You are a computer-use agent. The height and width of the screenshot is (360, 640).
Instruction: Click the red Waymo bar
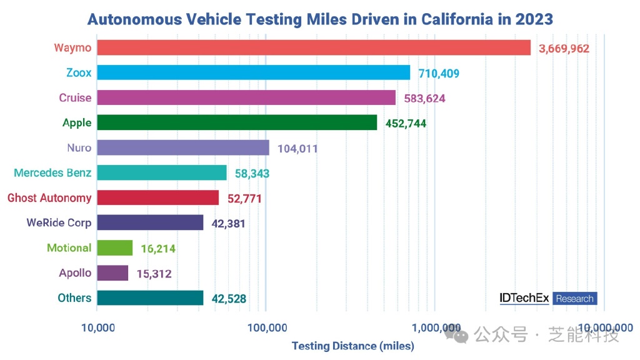point(313,47)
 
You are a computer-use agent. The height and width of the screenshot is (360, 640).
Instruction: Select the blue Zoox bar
point(253,72)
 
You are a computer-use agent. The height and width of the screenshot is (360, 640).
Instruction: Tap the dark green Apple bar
point(237,122)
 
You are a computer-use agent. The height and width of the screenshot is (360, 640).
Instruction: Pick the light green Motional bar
point(114,247)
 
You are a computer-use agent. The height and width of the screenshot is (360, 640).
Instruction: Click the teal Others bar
point(150,297)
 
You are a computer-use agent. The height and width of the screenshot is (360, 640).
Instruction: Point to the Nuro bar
point(182,147)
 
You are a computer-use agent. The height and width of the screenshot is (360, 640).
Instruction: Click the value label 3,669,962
point(564,48)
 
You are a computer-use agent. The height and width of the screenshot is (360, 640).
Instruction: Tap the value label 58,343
point(252,173)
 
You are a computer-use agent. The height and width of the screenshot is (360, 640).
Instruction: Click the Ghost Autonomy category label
point(49,197)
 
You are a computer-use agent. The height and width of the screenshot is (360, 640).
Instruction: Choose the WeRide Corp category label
point(59,222)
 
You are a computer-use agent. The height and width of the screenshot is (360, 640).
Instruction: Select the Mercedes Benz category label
point(52,172)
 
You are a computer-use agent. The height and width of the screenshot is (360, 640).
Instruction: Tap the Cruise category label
point(75,97)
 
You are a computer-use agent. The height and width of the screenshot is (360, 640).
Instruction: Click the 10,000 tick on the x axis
point(96,327)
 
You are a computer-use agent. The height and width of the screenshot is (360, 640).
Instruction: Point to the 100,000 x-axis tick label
point(266,327)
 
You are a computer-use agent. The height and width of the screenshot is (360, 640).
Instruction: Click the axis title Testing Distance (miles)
point(352,346)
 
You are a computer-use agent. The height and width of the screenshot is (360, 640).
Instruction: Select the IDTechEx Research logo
point(548,298)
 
